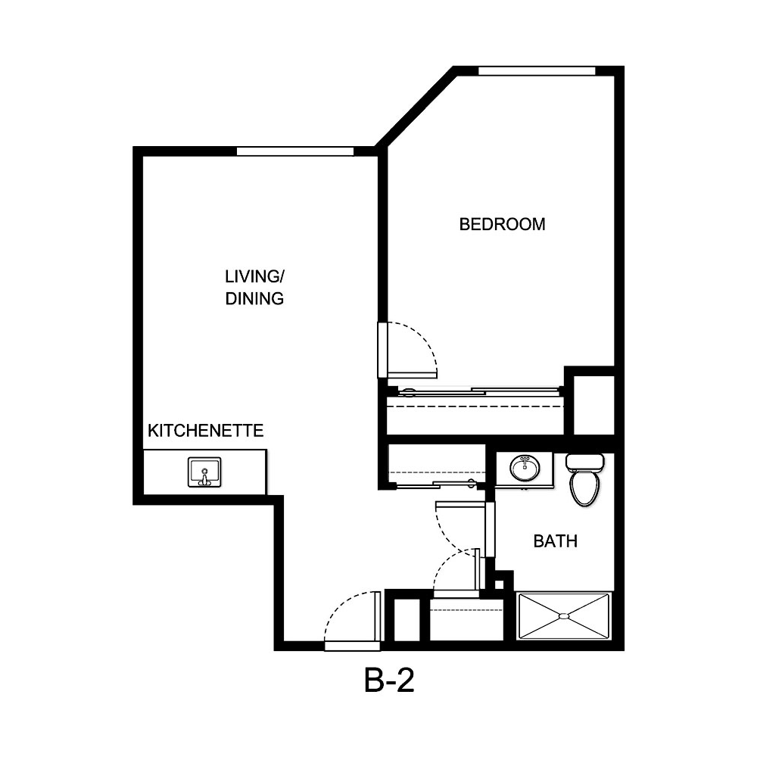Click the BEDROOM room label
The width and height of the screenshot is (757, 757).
point(502,224)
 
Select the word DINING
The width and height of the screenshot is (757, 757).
point(254,298)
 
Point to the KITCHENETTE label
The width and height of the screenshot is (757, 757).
point(205,431)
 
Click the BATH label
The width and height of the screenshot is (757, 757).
point(556,541)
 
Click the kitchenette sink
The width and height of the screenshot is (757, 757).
point(204,472)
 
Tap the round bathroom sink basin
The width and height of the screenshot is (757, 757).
point(523,469)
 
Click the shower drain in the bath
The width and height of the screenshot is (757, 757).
point(563,616)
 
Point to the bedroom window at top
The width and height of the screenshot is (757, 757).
point(537,71)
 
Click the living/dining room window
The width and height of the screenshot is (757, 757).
point(295,151)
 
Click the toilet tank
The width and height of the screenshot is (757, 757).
point(584,461)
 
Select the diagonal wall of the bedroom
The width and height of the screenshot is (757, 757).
point(416,107)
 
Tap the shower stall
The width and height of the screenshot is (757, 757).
point(563,616)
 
